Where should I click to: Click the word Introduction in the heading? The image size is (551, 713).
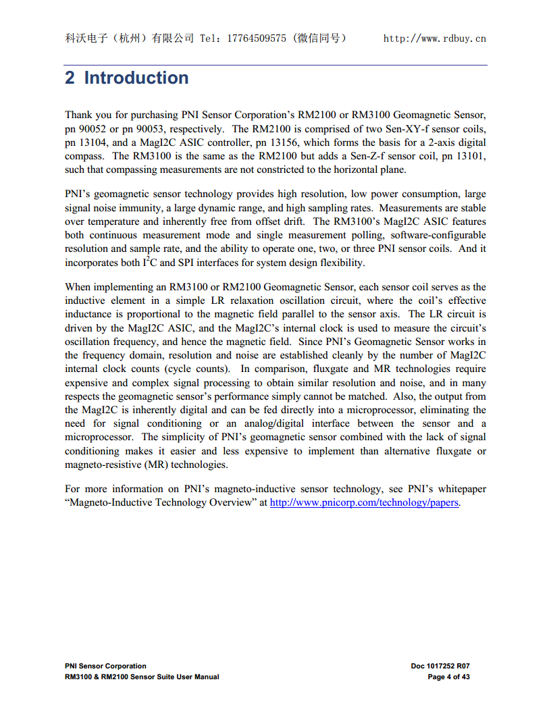[136, 78]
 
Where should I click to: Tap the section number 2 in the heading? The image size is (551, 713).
[70, 78]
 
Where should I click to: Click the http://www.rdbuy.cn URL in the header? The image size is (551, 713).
[434, 38]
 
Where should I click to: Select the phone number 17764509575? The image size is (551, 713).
[253, 38]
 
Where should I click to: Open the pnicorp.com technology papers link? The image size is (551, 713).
[364, 503]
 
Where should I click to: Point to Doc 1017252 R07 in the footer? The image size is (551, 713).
[440, 666]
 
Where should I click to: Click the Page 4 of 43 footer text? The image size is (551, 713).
[448, 677]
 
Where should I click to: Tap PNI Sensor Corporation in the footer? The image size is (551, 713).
[105, 666]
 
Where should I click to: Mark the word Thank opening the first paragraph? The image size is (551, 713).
[78, 115]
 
